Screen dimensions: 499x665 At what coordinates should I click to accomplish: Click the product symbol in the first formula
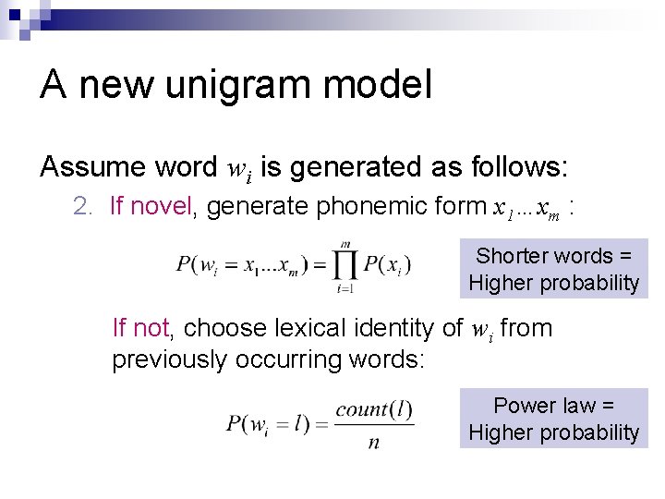click(345, 266)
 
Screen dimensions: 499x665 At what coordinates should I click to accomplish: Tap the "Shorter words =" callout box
click(553, 269)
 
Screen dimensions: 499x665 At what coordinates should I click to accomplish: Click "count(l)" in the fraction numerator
click(373, 409)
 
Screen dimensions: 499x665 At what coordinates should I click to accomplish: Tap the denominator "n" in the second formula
click(373, 442)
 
